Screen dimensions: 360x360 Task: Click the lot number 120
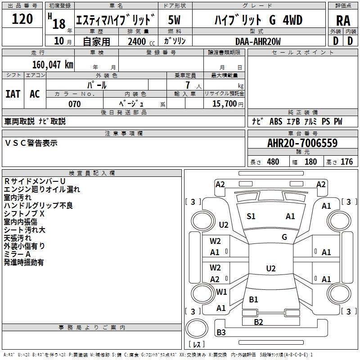pyautogui.click(x=22, y=19)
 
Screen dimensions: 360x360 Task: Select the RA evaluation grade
pyautogui.click(x=343, y=21)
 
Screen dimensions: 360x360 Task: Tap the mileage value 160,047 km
pyautogui.click(x=53, y=65)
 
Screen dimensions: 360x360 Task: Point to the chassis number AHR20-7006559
pyautogui.click(x=302, y=143)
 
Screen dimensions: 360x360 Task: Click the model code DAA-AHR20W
pyautogui.click(x=258, y=41)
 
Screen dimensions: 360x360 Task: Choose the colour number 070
pyautogui.click(x=75, y=104)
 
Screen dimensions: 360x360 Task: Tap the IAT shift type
pyautogui.click(x=13, y=94)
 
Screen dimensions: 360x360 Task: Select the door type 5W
pyautogui.click(x=174, y=20)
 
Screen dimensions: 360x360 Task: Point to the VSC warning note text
pyautogui.click(x=31, y=143)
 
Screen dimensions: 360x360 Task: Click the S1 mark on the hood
pyautogui.click(x=251, y=216)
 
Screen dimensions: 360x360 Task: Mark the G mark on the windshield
pyautogui.click(x=284, y=237)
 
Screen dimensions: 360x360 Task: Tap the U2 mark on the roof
pyautogui.click(x=271, y=268)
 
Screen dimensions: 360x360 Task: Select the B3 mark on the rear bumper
pyautogui.click(x=221, y=332)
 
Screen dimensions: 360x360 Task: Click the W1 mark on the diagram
pyautogui.click(x=221, y=292)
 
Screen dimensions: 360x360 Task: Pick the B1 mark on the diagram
pyautogui.click(x=253, y=299)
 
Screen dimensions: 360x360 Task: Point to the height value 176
pyautogui.click(x=346, y=162)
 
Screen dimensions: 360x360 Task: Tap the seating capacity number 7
pyautogui.click(x=188, y=85)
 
